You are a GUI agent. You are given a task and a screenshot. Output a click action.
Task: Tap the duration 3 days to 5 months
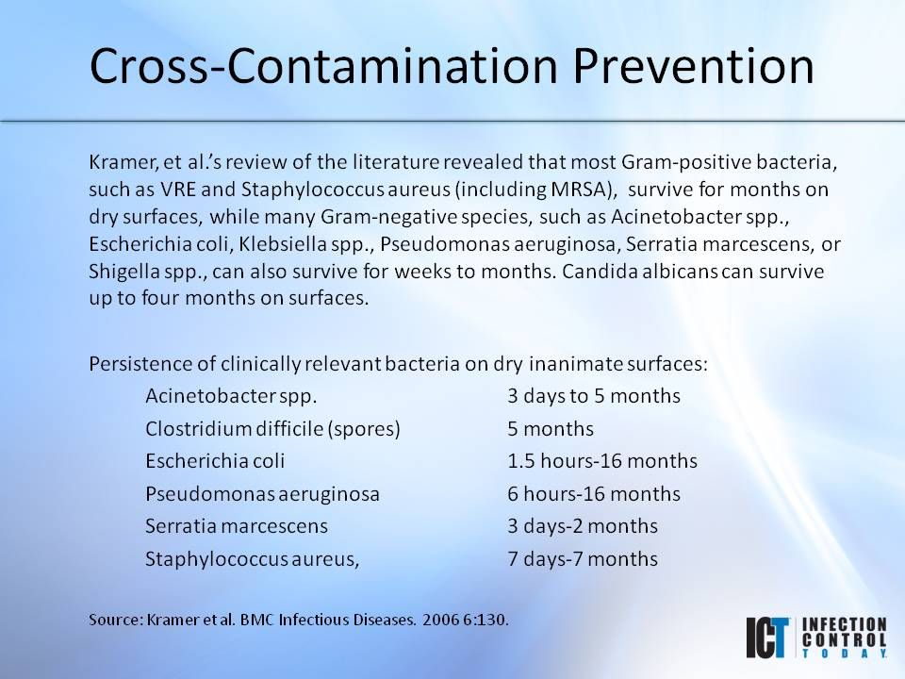tap(594, 396)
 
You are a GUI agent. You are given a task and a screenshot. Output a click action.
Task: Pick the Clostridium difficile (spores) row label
tap(272, 429)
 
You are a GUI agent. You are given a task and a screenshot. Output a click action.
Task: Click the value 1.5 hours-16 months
tap(602, 461)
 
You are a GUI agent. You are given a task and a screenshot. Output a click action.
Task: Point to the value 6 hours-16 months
tap(594, 493)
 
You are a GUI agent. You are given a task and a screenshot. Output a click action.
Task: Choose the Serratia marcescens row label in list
tap(237, 525)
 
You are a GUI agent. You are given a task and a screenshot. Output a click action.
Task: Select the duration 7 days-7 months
tap(583, 558)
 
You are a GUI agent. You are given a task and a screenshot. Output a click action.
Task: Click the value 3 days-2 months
tap(583, 525)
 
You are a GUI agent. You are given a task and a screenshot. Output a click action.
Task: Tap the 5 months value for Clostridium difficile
tap(551, 429)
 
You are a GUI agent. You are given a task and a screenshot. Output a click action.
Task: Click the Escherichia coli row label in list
tap(215, 461)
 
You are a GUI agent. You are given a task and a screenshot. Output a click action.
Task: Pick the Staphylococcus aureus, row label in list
tap(253, 558)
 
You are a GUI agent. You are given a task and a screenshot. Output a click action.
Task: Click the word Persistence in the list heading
tap(136, 363)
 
